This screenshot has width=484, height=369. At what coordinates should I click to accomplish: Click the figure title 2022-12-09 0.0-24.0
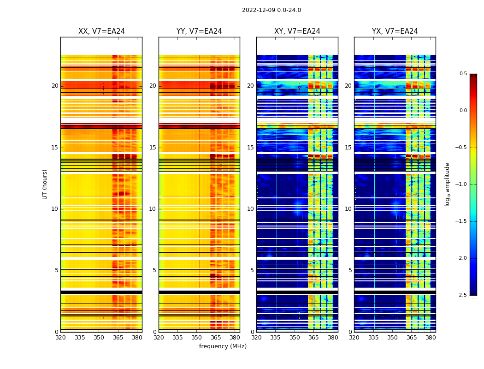272,10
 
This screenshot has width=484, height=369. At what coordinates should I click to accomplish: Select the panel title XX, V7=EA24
101,31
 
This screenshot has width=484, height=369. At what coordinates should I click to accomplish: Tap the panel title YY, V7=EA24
199,31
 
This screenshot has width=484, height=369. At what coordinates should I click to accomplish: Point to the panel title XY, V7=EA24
297,31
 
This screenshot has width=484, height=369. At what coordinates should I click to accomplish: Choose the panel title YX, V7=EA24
395,31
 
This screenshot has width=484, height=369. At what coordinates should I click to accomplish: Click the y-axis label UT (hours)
45,184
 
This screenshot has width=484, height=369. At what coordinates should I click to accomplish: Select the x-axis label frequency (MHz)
223,346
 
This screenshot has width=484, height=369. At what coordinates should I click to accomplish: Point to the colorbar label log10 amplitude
447,184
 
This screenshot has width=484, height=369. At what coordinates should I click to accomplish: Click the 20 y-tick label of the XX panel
55,86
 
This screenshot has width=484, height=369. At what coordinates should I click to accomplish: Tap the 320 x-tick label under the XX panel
60,337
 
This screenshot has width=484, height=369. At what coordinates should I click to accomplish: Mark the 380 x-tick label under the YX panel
431,337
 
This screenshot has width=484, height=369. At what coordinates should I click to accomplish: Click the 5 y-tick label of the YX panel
350,270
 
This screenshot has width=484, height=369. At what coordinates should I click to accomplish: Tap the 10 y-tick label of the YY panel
153,209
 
